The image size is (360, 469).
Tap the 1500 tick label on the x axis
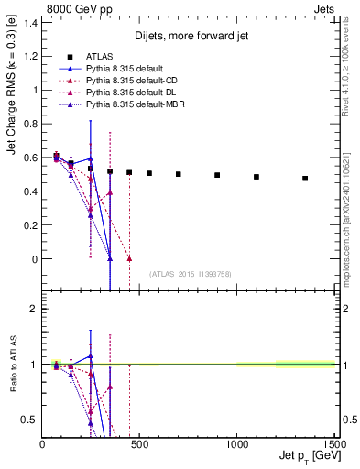point(334,444)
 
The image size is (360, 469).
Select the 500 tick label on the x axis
point(139,444)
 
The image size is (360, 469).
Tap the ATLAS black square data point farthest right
point(305,179)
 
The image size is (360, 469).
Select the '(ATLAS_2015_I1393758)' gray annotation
point(189,273)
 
